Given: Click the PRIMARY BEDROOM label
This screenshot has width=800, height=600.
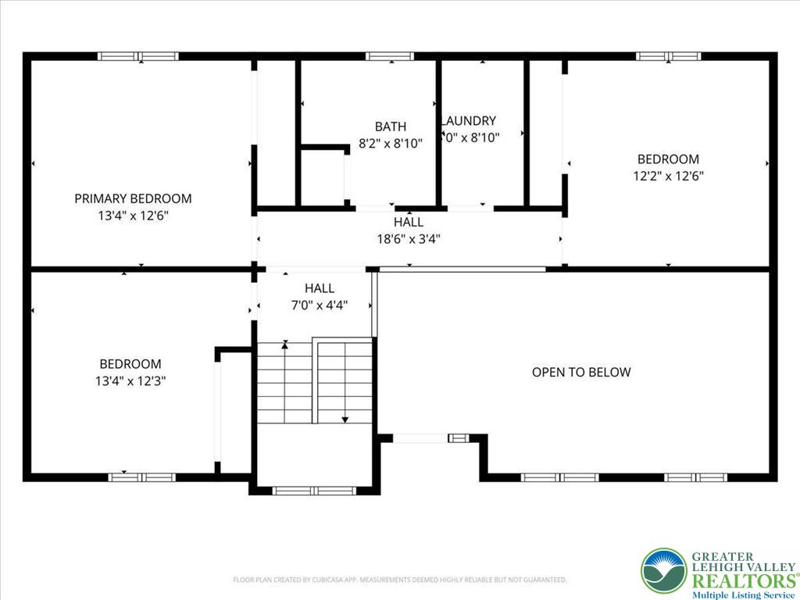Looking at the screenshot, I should click(133, 198).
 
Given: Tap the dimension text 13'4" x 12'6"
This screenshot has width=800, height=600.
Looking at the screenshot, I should click(133, 216).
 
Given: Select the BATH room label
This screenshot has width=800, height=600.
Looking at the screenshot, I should click(390, 127).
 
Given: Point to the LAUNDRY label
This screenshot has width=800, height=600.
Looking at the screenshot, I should click(470, 121).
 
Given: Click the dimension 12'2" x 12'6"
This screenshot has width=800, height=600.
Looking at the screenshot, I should click(668, 177).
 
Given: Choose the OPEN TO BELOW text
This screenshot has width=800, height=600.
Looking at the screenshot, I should click(580, 372).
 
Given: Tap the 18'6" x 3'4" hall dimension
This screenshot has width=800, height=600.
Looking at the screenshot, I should click(409, 239).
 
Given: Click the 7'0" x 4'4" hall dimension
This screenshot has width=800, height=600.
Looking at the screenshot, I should click(319, 305).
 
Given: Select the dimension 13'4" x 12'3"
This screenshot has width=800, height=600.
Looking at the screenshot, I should click(130, 380).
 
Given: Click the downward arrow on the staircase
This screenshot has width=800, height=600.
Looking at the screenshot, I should click(345, 419).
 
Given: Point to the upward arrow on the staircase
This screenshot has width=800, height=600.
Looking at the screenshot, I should click(285, 345).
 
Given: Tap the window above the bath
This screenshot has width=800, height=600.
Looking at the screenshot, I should click(390, 56).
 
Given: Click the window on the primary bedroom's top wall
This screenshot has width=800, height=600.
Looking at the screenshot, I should click(138, 56).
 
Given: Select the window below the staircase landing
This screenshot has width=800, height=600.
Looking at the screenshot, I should click(314, 491).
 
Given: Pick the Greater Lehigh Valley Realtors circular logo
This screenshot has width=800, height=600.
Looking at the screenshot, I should click(663, 570).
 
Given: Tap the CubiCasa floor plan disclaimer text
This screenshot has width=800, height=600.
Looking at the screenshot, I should click(399, 580).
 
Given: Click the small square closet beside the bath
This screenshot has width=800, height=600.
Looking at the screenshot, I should click(323, 177).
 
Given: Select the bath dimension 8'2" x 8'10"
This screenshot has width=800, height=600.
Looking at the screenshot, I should click(390, 144).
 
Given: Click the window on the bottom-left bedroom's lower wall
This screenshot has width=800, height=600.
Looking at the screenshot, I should click(141, 477).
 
